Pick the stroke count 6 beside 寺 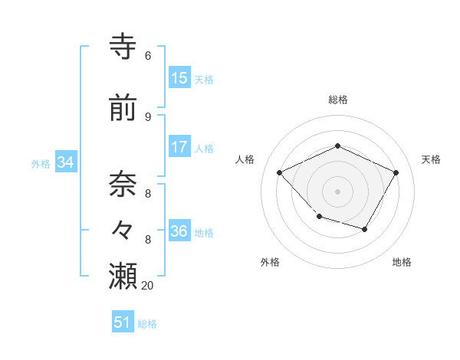tap(147, 56)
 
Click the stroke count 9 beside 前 tap(147, 116)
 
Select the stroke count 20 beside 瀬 tap(148, 285)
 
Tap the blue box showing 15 tap(179, 78)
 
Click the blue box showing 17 tap(179, 147)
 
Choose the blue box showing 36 tap(179, 231)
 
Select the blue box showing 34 tap(65, 162)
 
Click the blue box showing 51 tap(123, 322)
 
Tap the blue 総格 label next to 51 tap(147, 324)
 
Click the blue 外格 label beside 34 tap(41, 163)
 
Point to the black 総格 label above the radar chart tap(337, 100)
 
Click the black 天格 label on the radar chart tap(431, 159)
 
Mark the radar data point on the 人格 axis tap(280, 172)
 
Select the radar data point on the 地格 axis tap(365, 229)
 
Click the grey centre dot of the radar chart tap(337, 191)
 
